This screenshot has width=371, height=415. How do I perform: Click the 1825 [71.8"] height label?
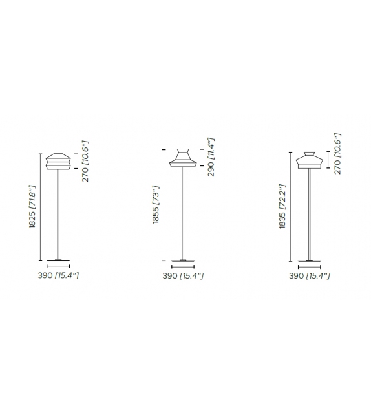tap(32, 206)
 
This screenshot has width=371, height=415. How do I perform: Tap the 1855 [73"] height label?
tap(156, 204)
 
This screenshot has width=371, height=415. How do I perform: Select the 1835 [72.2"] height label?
tap(282, 206)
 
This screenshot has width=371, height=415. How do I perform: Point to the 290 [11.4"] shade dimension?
tap(211, 157)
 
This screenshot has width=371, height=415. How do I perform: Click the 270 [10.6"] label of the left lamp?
tap(85, 161)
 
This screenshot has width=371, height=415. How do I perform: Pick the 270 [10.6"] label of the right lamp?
tap(337, 154)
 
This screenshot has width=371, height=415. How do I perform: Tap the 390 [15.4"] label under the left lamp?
tap(58, 275)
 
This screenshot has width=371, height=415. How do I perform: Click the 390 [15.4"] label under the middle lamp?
tap(183, 276)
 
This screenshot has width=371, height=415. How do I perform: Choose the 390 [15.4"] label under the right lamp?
tap(310, 276)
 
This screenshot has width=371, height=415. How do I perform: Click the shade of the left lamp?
tap(58, 161)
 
